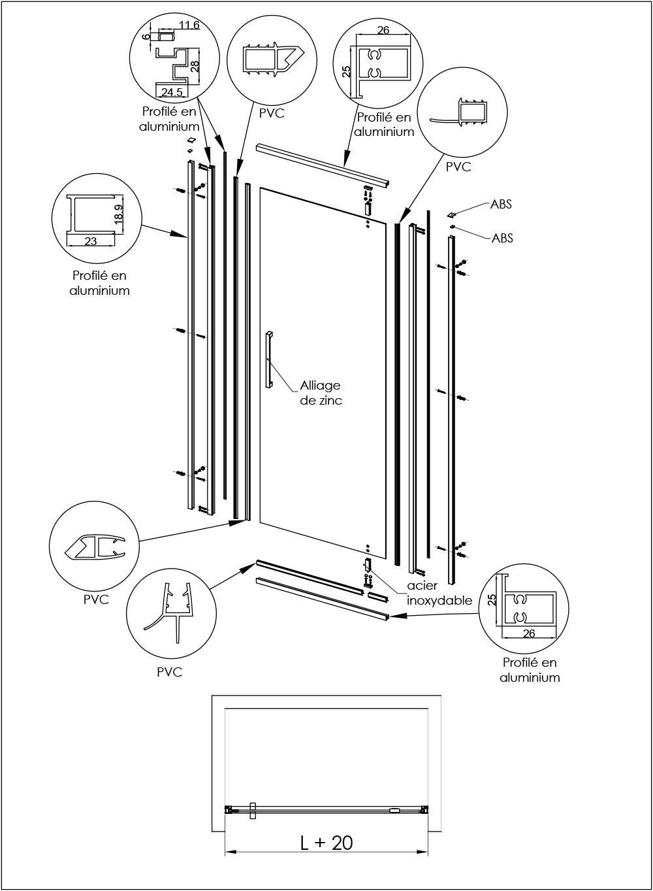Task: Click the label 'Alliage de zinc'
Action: [321, 393]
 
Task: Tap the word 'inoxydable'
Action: [439, 600]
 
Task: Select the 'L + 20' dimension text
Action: [326, 842]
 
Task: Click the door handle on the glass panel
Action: [268, 360]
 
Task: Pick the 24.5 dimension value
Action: [172, 92]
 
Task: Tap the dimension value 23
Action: [90, 241]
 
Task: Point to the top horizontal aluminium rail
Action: [323, 163]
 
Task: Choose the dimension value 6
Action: [146, 37]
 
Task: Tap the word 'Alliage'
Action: [320, 386]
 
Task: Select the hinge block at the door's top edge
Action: [368, 209]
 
